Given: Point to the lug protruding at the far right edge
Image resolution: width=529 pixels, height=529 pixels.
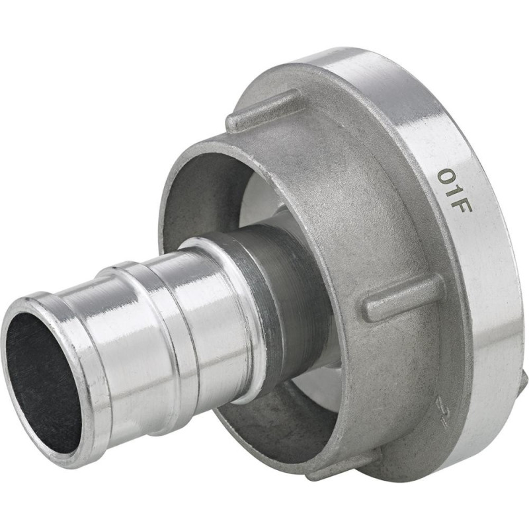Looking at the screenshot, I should [522, 384].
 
